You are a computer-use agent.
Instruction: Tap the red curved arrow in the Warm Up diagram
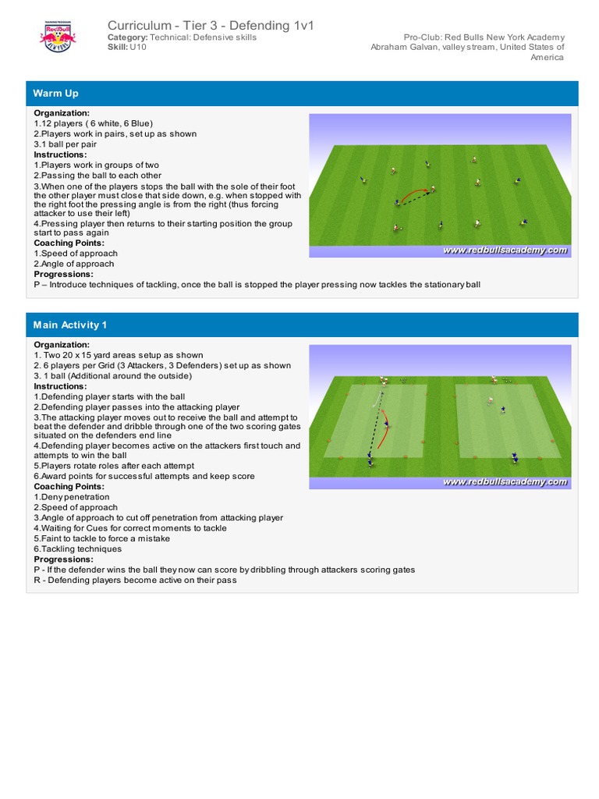pos(414,192)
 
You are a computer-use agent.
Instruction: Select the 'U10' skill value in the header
pos(138,47)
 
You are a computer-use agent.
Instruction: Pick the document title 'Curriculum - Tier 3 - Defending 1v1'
pos(211,26)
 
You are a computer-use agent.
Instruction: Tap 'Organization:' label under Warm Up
pos(62,113)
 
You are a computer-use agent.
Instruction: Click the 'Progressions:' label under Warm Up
pos(62,274)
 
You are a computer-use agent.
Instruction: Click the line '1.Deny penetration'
pos(72,497)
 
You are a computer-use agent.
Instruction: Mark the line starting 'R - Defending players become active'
pos(135,580)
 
